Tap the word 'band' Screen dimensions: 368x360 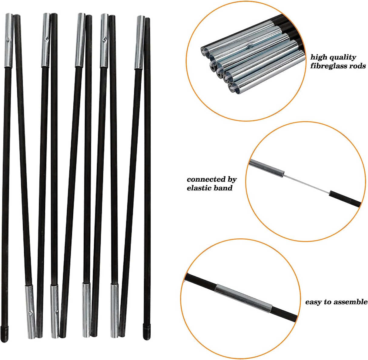coord(223,188)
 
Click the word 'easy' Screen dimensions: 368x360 coord(313,302)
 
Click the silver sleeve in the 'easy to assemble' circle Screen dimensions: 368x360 coord(244,296)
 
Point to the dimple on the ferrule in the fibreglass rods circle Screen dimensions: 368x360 coord(250,45)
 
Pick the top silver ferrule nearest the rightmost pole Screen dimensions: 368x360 coord(139,42)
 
